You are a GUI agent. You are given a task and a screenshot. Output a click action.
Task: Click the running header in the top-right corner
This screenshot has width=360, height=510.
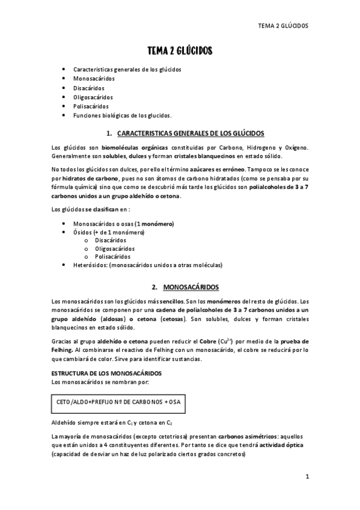pos(282,26)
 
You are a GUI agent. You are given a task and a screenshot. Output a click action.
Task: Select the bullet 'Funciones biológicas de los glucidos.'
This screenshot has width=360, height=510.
pos(122,115)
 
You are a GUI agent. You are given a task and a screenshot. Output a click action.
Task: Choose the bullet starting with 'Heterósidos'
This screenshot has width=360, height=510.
pos(147,265)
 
